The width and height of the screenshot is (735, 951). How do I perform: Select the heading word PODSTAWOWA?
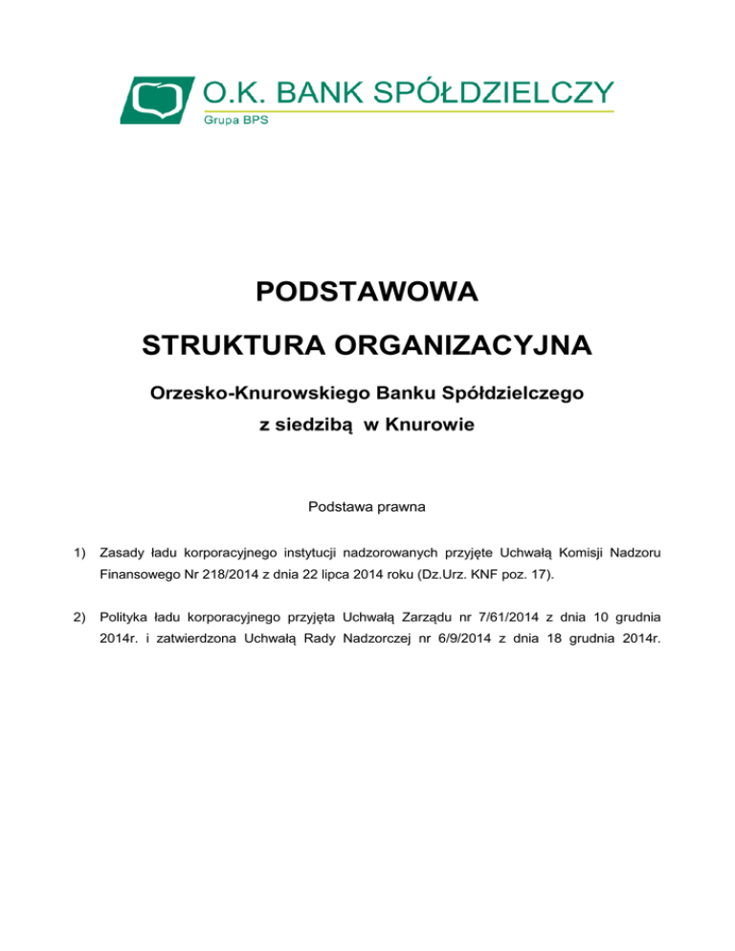pos(367,291)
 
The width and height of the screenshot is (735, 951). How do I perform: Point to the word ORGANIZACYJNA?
pos(468,343)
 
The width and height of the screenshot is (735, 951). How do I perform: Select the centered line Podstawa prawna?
pos(367,505)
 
